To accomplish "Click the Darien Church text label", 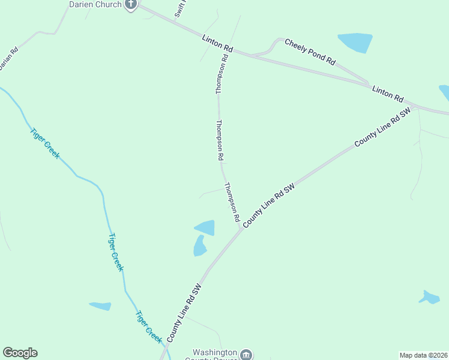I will point(95,5).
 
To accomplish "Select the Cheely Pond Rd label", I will point(310,51).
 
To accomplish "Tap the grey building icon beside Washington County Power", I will point(247,355).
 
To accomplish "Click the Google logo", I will point(20,353).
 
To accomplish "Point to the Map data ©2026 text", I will point(423,355).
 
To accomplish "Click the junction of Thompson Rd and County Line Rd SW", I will point(241,227).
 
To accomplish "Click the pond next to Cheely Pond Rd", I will point(356,43).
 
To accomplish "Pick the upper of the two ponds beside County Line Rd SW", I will point(206,227).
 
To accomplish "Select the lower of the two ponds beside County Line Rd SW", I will point(200,245).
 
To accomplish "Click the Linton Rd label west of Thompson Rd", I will point(217,42).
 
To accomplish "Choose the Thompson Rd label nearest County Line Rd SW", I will point(232,202).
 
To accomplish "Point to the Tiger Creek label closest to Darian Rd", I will point(44,142).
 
